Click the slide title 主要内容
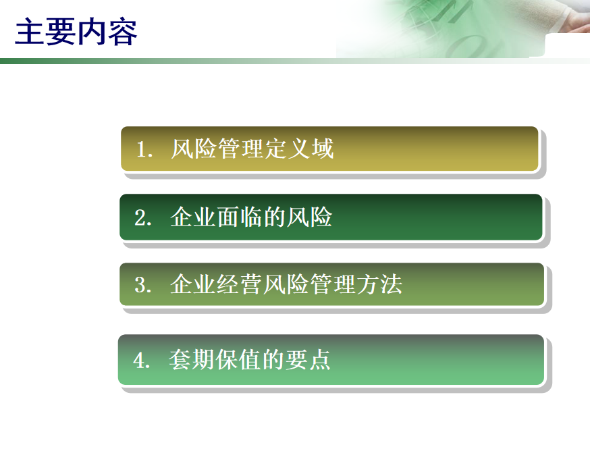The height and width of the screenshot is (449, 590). pyautogui.click(x=76, y=32)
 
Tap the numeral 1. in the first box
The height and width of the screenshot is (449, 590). pyautogui.click(x=144, y=149)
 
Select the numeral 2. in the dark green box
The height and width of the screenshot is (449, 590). pyautogui.click(x=143, y=218)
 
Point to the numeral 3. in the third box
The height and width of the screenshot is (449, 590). pyautogui.click(x=143, y=285)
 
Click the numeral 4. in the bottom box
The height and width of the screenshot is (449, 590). pyautogui.click(x=142, y=360)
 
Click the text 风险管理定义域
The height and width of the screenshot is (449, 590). pyautogui.click(x=252, y=149)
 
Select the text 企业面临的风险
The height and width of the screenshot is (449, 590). pyautogui.click(x=251, y=217)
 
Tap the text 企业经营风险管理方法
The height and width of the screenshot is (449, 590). pyautogui.click(x=286, y=284)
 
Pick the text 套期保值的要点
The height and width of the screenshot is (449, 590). pyautogui.click(x=250, y=359)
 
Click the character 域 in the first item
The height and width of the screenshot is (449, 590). pyautogui.click(x=323, y=149)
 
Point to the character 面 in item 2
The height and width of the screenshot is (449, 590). pyautogui.click(x=228, y=217)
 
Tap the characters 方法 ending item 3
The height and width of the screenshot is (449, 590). pyautogui.click(x=379, y=284)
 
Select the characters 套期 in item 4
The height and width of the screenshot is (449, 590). pyautogui.click(x=192, y=359)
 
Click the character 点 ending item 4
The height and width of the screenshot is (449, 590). pyautogui.click(x=320, y=359)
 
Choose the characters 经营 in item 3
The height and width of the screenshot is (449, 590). pyautogui.click(x=240, y=284)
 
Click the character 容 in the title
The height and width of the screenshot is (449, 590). pyautogui.click(x=122, y=32)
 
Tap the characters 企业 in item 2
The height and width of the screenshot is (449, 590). pyautogui.click(x=193, y=217)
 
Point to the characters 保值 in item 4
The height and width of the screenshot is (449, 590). pyautogui.click(x=238, y=359)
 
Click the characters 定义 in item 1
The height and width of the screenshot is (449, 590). pyautogui.click(x=288, y=149)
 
